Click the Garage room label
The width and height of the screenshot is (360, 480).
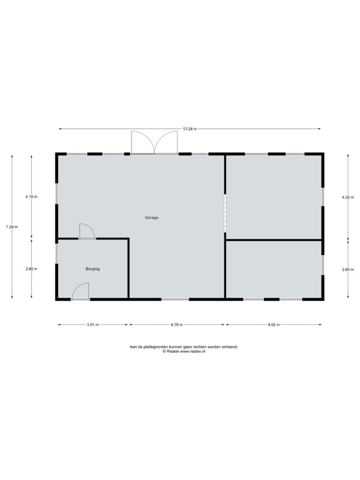(151, 217)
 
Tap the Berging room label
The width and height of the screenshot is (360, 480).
(92, 269)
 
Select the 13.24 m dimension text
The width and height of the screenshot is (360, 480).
(190, 129)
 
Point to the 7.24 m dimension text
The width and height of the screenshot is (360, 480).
(12, 227)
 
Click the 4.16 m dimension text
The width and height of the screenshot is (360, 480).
(31, 196)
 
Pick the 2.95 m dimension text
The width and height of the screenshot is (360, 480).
(31, 269)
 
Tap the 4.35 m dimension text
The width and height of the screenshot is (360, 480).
(348, 197)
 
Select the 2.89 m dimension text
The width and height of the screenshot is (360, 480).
(348, 270)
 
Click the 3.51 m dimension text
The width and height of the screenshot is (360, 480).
(93, 325)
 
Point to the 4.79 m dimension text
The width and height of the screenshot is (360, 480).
(177, 325)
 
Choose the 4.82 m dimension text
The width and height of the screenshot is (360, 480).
(274, 325)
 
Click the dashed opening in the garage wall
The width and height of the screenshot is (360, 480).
(225, 213)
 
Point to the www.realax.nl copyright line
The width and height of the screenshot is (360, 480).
(184, 352)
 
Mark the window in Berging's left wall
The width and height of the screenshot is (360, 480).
(57, 254)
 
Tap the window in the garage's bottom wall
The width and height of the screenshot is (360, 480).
(175, 299)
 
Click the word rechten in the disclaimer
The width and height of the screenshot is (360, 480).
(200, 347)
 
